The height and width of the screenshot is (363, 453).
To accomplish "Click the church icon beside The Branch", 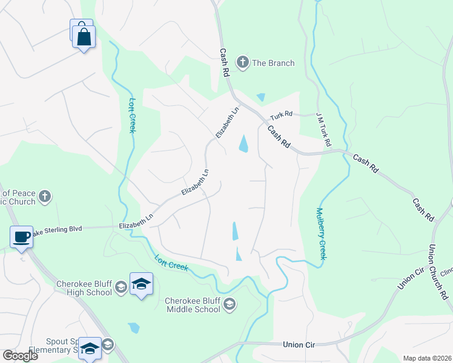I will click(243, 62).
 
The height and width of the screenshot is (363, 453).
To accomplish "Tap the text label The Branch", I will click(273, 63).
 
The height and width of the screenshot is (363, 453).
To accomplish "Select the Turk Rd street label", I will click(281, 114).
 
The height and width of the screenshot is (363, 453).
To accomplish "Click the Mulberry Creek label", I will click(320, 234).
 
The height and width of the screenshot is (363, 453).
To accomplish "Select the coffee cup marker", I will click(22, 237).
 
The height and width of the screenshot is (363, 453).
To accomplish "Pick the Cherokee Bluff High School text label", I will click(84, 288).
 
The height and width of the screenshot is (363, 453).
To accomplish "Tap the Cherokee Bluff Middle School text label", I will click(193, 305).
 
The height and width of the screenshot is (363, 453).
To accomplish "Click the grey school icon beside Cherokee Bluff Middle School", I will click(230, 304).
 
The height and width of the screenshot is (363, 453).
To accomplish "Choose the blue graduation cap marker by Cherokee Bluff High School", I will click(141, 284).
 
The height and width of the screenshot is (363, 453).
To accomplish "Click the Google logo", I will click(20, 356).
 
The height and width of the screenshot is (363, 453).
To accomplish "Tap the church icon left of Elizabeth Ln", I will click(44, 196).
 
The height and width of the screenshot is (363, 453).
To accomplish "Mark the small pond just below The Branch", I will click(260, 97).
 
